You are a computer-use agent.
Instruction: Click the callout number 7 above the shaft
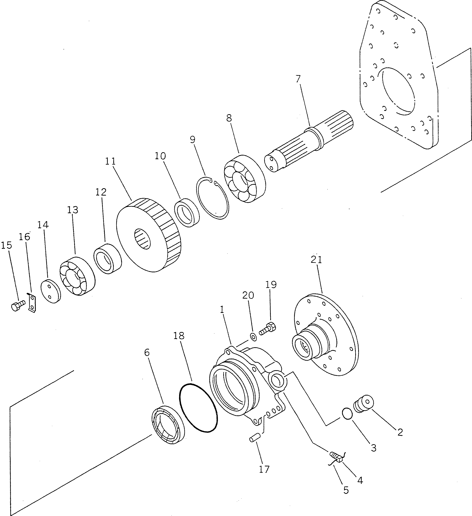pyautogui.click(x=298, y=79)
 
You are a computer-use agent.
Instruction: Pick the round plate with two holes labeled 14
pyautogui.click(x=51, y=292)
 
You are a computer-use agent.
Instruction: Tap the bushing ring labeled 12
pyautogui.click(x=107, y=259)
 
